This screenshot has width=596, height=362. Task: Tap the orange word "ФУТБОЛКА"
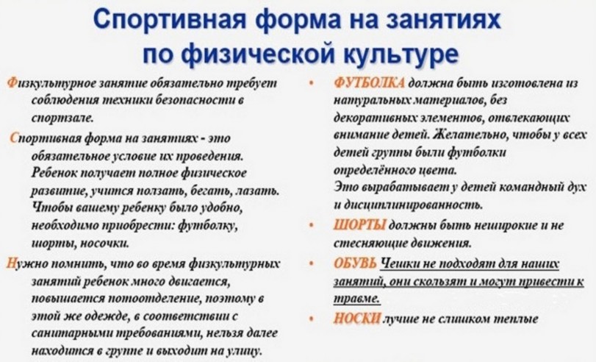click(x=369, y=83)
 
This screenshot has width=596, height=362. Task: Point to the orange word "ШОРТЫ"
click(x=359, y=225)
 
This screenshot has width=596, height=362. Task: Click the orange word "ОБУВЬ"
click(x=355, y=263)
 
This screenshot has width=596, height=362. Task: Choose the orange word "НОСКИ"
click(x=357, y=319)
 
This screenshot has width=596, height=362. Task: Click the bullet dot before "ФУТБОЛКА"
click(x=312, y=83)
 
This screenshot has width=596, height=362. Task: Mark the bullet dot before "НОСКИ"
click(x=312, y=319)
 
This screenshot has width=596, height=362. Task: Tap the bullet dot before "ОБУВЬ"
click(x=312, y=264)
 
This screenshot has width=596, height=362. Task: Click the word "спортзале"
click(x=62, y=118)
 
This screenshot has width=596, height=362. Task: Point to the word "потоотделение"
click(x=154, y=299)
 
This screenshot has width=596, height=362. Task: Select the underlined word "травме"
click(x=357, y=299)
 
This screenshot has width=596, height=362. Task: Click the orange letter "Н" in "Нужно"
click(x=10, y=263)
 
